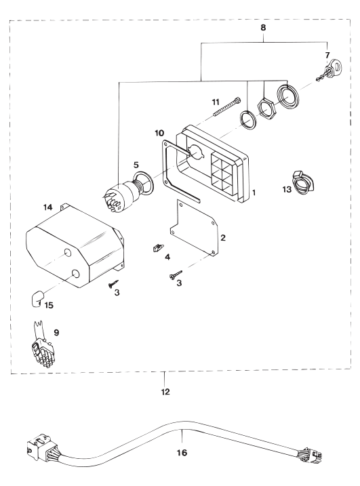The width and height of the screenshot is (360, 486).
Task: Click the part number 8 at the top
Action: point(263,28)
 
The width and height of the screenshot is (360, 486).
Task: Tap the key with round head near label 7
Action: point(331,69)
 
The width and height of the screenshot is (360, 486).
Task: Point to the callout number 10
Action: point(159,134)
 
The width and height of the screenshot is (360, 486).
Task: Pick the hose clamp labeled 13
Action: point(301,183)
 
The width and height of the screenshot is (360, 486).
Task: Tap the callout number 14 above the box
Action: point(47,207)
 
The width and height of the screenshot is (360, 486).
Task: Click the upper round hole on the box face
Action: point(67,253)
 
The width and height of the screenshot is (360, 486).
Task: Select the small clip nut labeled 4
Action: point(157,247)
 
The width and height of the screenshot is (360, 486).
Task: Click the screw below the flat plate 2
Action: point(175,275)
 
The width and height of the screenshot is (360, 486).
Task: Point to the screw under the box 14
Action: point(113,283)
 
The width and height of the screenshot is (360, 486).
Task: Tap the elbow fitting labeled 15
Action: point(37,298)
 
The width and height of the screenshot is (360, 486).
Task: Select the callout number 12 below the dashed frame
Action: point(166,392)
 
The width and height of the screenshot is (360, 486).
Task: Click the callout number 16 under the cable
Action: point(182,453)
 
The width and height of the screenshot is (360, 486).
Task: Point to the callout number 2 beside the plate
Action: point(222,238)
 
